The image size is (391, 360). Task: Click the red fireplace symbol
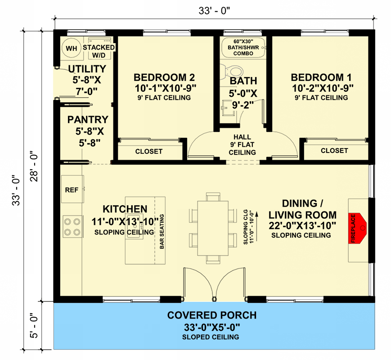click(358, 228)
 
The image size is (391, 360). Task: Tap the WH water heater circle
click(72, 48)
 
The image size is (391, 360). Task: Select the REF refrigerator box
click(72, 189)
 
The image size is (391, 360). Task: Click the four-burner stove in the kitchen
click(72, 226)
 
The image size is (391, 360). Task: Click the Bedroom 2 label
click(164, 77)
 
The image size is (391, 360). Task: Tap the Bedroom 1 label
click(321, 77)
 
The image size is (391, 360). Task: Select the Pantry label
click(88, 120)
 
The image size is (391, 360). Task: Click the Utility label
click(87, 69)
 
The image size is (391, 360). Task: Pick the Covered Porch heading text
click(212, 315)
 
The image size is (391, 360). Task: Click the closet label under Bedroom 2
click(149, 152)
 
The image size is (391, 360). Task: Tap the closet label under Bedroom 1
click(334, 151)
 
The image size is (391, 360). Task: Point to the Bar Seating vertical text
click(162, 231)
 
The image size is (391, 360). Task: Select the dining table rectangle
click(213, 228)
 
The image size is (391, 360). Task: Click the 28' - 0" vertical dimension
click(34, 166)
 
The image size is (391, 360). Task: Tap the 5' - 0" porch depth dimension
click(34, 325)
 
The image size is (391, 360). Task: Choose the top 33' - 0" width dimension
click(214, 11)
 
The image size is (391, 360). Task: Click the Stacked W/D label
click(99, 51)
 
